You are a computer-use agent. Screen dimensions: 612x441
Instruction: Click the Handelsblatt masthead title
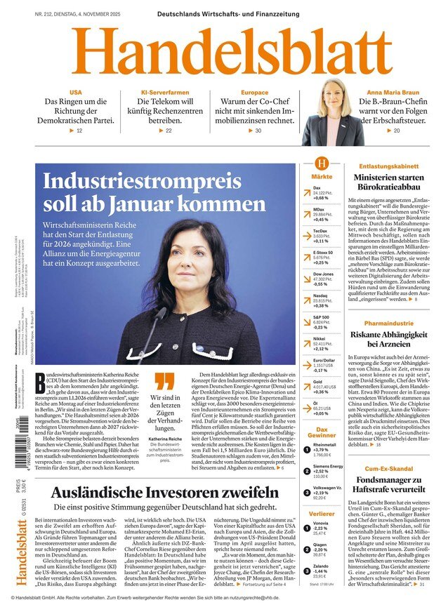point(220,52)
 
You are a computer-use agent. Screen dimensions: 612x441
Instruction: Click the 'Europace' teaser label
point(254,93)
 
